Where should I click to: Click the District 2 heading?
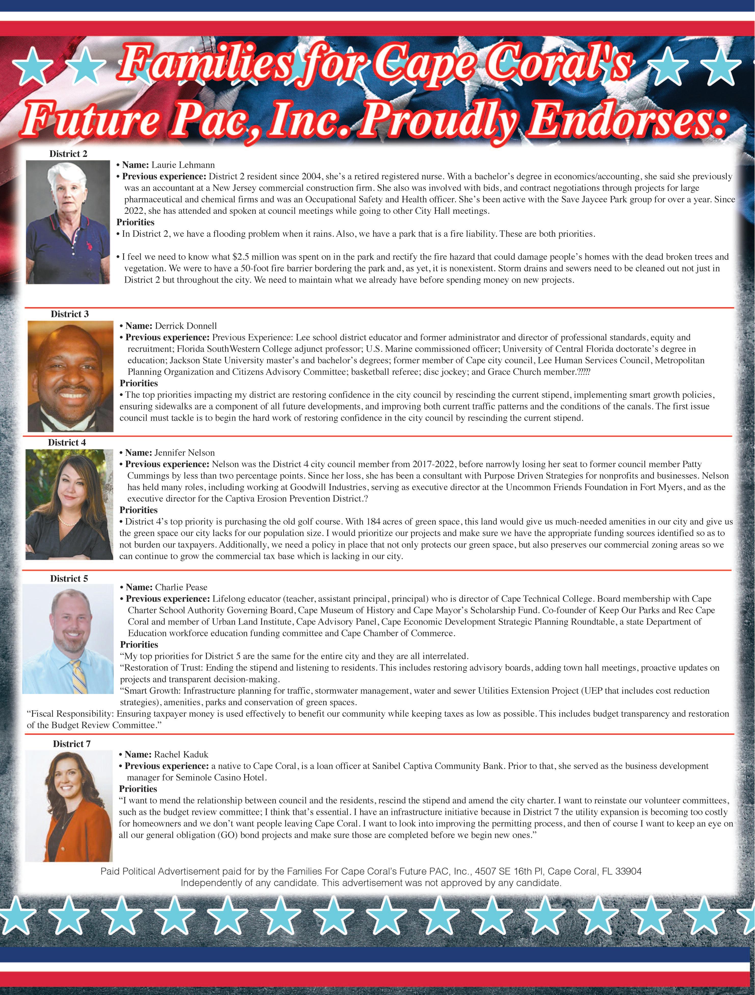coord(68,154)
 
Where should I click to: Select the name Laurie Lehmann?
coord(183,165)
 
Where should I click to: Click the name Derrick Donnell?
coord(186,326)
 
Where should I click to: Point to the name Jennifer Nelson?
coord(184,453)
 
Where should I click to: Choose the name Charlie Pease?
coord(181,587)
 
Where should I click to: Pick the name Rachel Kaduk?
coord(181,754)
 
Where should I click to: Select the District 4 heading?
coord(67,443)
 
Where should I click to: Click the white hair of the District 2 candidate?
coord(67,173)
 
